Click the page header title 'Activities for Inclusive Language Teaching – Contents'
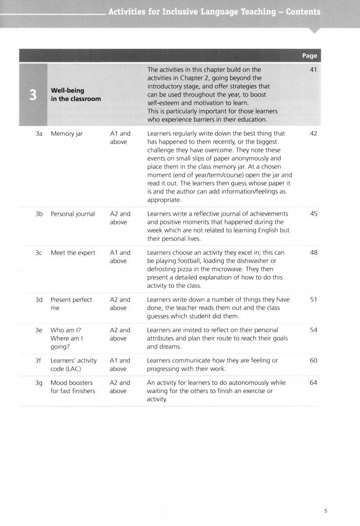coord(214,12)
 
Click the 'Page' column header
coord(309,56)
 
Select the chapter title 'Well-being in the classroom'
coord(76,94)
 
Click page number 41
coord(313,70)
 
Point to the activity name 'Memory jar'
coord(67,133)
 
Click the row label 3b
coord(39,214)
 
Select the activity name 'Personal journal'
coord(73,214)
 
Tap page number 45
coord(313,214)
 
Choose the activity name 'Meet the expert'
coord(73,253)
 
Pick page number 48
coord(313,253)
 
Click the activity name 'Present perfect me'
coord(71,304)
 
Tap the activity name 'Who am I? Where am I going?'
coord(68,338)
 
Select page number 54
coord(313,330)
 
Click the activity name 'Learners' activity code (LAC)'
coord(74,364)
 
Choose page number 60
coord(313,360)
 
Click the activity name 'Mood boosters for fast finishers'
coord(73,387)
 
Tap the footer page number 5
coord(326,511)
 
